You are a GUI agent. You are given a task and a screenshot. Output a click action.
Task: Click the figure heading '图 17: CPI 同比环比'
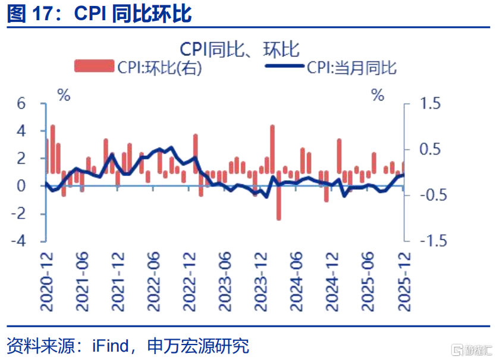(x=99, y=14)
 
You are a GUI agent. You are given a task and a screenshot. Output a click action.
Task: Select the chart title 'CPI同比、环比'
(x=240, y=49)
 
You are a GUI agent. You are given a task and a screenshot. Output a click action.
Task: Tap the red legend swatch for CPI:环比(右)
(x=94, y=66)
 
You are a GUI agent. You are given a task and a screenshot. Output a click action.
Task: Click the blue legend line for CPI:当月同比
(x=284, y=66)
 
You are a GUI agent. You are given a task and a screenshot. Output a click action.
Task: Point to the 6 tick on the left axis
(x=21, y=104)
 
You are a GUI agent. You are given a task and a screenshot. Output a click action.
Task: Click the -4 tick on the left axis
(x=18, y=241)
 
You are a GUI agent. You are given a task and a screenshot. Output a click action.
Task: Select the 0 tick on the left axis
(x=21, y=186)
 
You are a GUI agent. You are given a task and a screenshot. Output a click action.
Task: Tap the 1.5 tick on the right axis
(x=430, y=104)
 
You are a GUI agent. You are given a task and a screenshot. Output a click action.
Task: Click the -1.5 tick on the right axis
(x=434, y=241)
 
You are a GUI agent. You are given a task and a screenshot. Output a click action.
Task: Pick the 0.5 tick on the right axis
(x=430, y=149)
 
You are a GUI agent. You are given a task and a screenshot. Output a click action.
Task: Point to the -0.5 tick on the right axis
(x=434, y=195)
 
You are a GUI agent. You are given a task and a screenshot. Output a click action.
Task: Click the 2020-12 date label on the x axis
(x=47, y=282)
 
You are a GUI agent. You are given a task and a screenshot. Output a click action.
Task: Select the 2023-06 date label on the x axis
(x=225, y=282)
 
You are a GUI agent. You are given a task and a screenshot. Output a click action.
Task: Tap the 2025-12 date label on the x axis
(x=404, y=282)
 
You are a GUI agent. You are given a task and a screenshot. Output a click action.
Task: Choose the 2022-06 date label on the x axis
(x=153, y=282)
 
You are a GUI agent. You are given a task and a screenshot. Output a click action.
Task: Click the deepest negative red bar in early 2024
(x=279, y=195)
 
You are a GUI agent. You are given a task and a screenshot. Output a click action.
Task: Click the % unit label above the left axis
(x=64, y=95)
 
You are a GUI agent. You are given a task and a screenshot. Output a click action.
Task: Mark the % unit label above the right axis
(x=378, y=95)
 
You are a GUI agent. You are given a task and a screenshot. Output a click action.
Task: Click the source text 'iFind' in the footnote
(x=111, y=346)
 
